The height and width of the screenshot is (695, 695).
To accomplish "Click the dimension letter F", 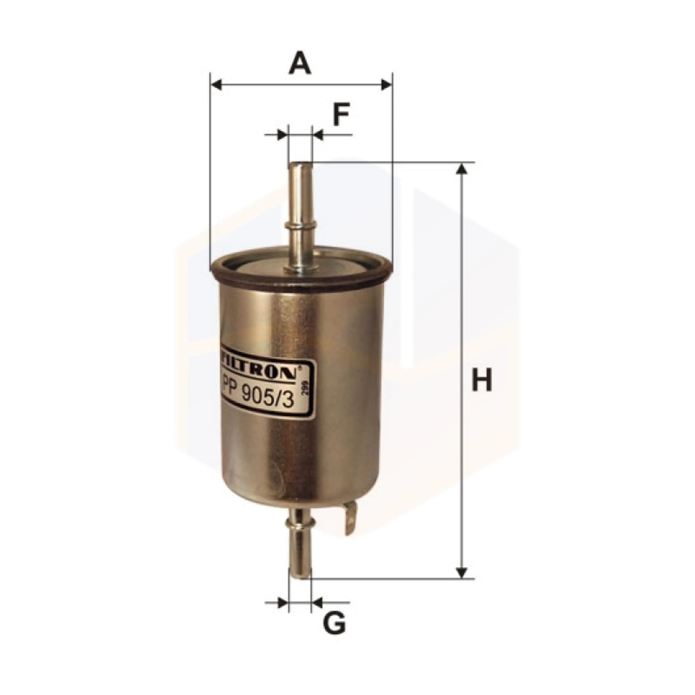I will pyautogui.click(x=341, y=114).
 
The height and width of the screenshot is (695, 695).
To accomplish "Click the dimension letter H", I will pyautogui.click(x=482, y=380).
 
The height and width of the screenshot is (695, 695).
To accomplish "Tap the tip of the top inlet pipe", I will pyautogui.click(x=301, y=165).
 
